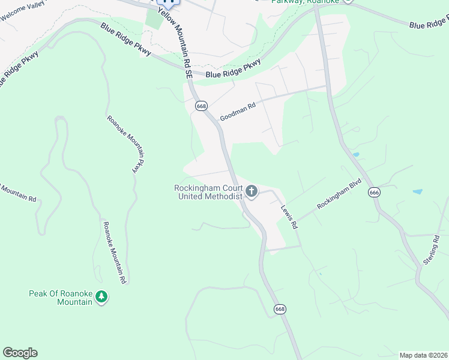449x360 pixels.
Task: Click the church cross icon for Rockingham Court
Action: pos(251,192)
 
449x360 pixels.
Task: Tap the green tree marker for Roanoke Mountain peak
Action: pos(102,297)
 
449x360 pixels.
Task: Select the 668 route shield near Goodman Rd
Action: pos(201,106)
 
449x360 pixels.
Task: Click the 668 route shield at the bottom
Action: pos(280,309)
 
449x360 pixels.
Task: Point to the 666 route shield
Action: pos(375,193)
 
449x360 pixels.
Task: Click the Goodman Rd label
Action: pos(238,111)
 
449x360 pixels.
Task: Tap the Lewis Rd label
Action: pos(289,218)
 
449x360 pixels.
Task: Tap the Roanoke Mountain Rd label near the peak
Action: pos(113,252)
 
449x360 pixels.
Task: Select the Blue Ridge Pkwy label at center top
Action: pos(233,68)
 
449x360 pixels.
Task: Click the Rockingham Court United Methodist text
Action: pos(208,192)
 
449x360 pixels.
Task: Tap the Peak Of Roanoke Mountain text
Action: pos(60,298)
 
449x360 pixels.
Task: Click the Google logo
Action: pos(20,353)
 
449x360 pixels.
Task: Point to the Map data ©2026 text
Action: pos(423,355)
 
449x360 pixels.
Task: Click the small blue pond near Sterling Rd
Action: pos(417,192)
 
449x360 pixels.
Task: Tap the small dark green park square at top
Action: pos(154,19)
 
